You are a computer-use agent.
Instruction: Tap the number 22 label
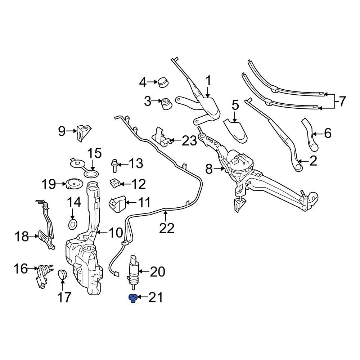[167, 228]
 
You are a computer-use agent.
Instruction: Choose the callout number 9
[61, 132]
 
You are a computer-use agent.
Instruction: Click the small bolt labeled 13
[115, 166]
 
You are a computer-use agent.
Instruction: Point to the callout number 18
[21, 237]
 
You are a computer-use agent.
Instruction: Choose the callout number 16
[21, 268]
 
